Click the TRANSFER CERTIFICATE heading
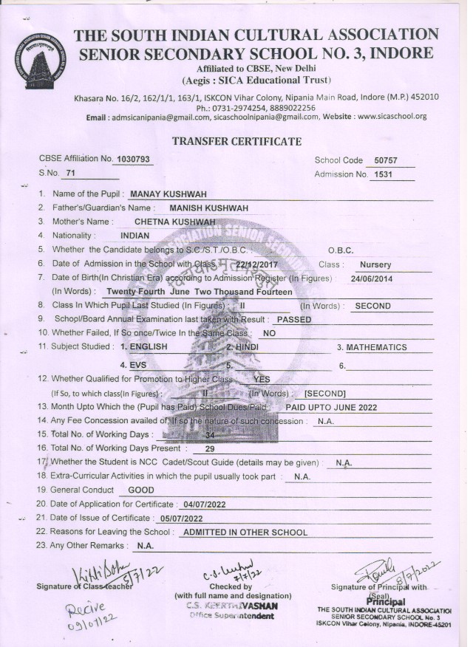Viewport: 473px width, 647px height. tap(236, 142)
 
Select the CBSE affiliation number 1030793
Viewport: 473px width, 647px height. tap(133, 160)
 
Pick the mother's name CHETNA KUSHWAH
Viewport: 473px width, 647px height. tap(174, 222)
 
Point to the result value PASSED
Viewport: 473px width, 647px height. tap(293, 320)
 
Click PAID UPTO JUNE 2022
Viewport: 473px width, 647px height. tap(331, 407)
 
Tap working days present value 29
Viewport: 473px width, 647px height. tap(210, 449)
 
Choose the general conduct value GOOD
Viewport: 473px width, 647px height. tap(141, 490)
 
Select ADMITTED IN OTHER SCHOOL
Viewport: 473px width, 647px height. tap(245, 532)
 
